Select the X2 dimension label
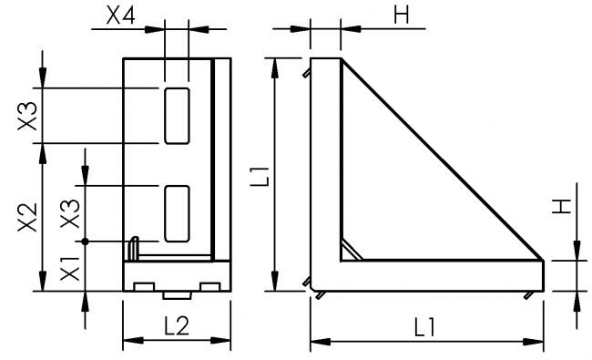tap(28, 218)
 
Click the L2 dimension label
tap(177, 325)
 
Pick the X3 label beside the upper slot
tap(28, 116)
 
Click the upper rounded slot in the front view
tap(177, 116)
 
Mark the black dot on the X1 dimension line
tap(84, 241)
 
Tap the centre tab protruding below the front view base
tap(177, 294)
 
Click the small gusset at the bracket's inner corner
tap(349, 249)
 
